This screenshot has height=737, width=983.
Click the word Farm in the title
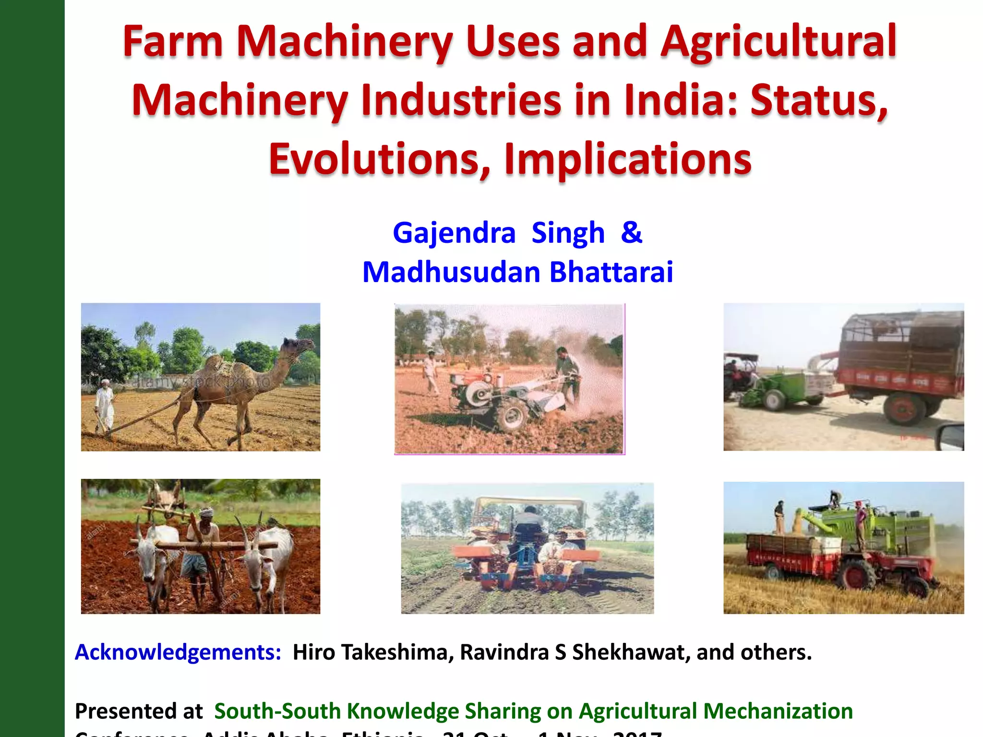coord(173,42)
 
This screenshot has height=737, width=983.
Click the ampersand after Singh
coord(631,233)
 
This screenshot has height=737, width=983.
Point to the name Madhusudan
coord(451,273)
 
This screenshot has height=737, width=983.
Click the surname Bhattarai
coord(611,273)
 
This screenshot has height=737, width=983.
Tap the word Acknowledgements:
coord(178,653)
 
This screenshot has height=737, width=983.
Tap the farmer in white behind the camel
coord(105,405)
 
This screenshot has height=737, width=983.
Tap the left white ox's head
coord(144,552)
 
